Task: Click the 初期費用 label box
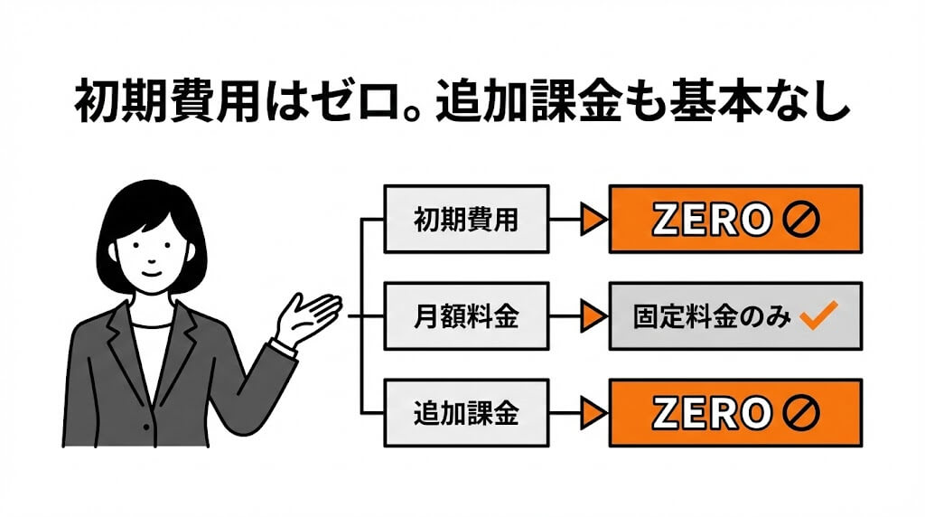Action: point(465,219)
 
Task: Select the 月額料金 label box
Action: point(465,316)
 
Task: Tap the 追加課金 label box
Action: point(465,413)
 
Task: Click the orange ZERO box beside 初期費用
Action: point(735,219)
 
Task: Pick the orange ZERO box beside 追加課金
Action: point(735,413)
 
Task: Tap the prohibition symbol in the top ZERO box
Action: point(799,220)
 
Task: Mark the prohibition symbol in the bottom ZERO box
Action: point(799,414)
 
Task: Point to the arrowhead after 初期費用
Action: point(593,219)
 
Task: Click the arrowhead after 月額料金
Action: point(593,316)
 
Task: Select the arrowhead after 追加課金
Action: point(593,413)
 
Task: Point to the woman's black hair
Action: point(149,203)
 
